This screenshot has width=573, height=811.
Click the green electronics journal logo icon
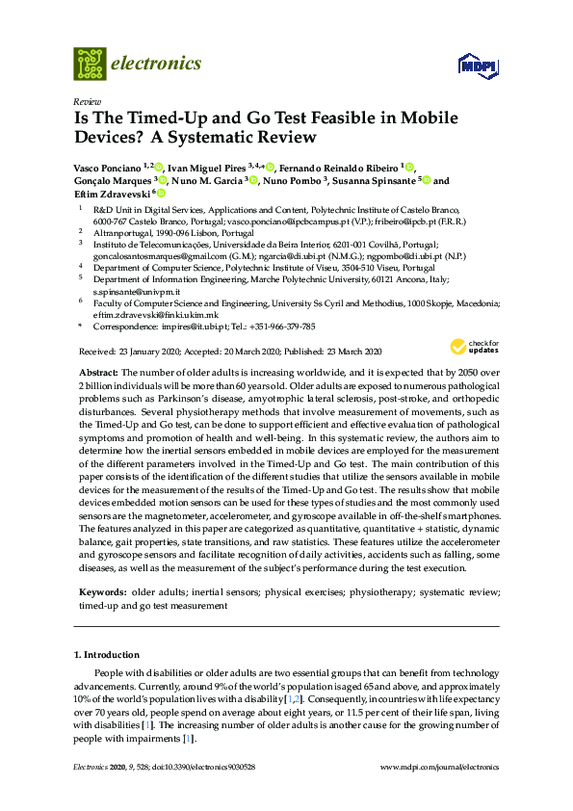point(90,64)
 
